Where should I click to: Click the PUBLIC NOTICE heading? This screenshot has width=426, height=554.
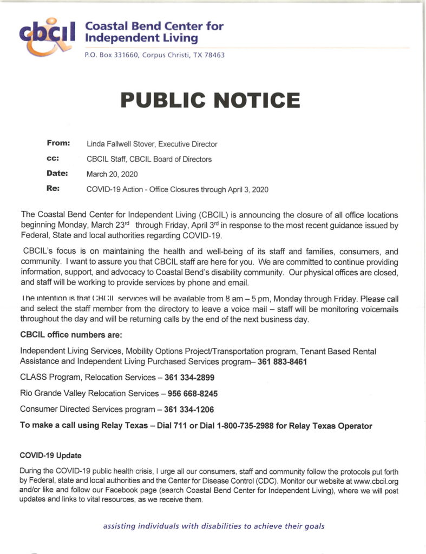click(x=210, y=100)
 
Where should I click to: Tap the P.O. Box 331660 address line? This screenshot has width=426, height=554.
click(x=154, y=55)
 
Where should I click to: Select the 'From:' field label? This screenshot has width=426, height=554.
click(x=58, y=143)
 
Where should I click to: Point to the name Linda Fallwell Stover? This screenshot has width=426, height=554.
click(x=128, y=144)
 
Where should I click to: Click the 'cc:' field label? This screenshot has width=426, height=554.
click(x=53, y=159)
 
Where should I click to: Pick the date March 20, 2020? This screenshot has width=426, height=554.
click(x=112, y=174)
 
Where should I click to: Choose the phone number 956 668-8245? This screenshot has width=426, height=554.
click(x=193, y=393)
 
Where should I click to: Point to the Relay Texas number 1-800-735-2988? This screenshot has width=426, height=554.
click(x=242, y=426)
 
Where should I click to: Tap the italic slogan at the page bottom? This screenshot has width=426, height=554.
click(x=214, y=525)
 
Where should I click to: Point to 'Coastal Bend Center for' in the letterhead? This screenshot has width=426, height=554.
click(x=154, y=26)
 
